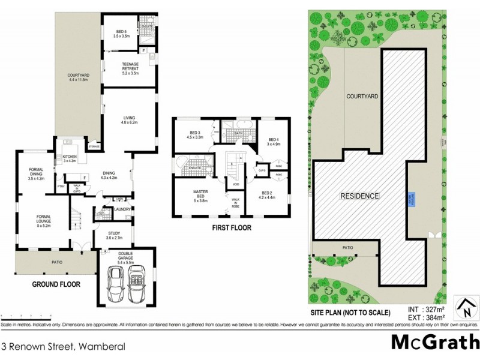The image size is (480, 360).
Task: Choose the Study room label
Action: click(114, 236)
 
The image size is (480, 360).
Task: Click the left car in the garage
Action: click(116, 287)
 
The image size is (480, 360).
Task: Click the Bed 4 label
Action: click(274, 141)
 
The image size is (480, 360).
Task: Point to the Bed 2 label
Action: click(266, 194)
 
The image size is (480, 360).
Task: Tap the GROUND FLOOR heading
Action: click(56, 284)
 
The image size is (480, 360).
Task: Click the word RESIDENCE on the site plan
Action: click(360, 196)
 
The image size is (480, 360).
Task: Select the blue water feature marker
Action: click(412, 197)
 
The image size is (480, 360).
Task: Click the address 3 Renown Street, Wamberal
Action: click(63, 346)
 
